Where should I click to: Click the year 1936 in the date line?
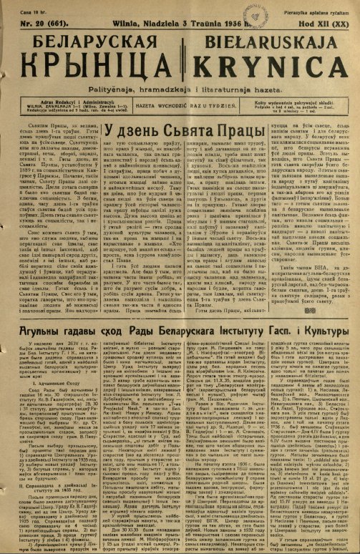(x=228, y=23)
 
